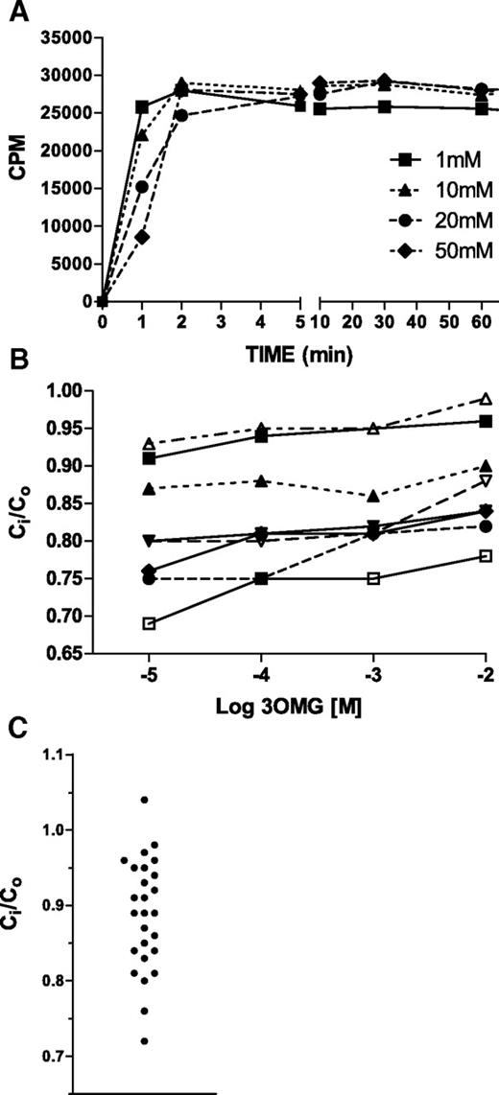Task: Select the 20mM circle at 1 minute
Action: (142, 187)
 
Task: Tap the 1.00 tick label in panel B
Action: (74, 391)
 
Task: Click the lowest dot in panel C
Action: (144, 1040)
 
